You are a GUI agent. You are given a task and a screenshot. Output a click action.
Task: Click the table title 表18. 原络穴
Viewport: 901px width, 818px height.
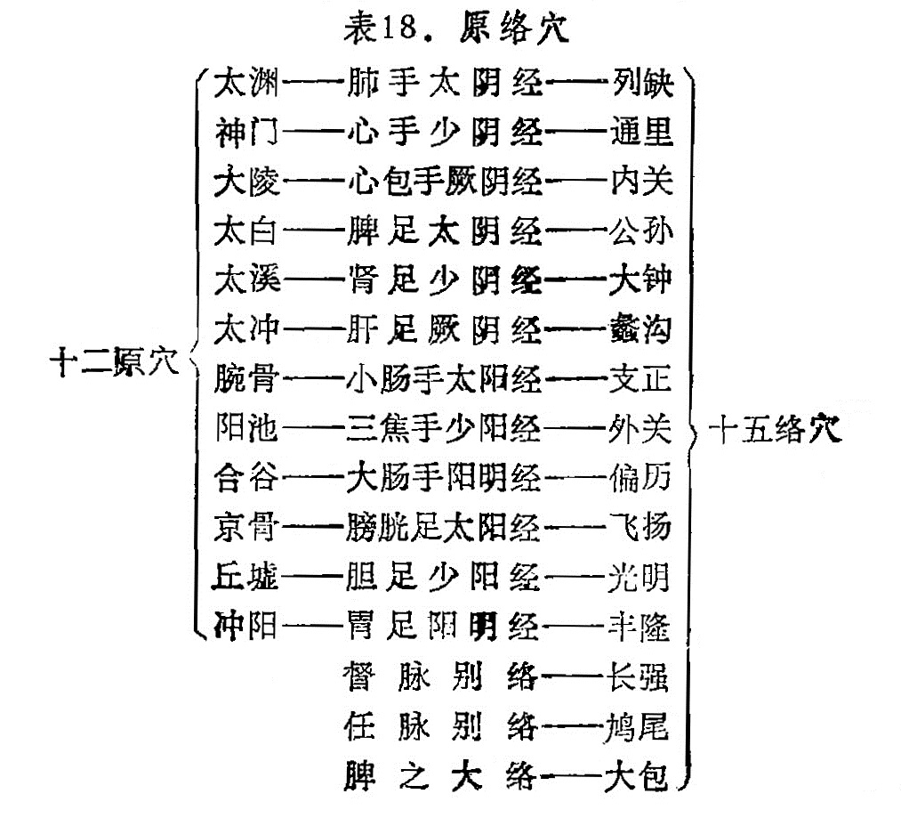coord(456,27)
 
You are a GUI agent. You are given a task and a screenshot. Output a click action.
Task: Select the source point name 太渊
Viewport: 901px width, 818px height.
coord(246,83)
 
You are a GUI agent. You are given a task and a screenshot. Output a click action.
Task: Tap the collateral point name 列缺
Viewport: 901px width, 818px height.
coord(643,83)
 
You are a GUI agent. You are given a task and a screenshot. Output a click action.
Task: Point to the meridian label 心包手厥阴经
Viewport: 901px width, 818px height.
coord(446,182)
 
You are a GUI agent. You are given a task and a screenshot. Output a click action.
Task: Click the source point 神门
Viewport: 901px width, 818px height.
coord(246,133)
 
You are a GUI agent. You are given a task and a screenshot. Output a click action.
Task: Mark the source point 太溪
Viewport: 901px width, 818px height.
coord(246,280)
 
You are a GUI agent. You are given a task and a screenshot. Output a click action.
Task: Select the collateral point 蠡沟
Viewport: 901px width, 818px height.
coord(640,330)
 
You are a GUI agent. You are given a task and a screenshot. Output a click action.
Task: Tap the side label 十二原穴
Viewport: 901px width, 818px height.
coord(115,362)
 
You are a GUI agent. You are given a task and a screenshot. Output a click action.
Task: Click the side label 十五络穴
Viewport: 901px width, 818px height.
coord(776,429)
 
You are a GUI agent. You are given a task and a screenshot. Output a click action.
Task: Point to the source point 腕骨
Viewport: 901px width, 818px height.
coord(246,380)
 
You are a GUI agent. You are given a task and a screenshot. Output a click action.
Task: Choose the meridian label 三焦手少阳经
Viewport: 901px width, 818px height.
coord(444,429)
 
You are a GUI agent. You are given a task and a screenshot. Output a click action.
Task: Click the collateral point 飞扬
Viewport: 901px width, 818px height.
coord(640,528)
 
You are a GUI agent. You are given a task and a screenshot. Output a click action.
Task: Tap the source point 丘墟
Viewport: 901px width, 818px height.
coord(245,577)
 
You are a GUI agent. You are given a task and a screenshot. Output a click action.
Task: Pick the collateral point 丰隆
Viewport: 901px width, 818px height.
coord(639,627)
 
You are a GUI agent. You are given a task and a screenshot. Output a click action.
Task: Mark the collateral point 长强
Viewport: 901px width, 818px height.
coord(638,676)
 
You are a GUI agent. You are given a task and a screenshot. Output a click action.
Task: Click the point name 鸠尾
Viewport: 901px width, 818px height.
coord(637,726)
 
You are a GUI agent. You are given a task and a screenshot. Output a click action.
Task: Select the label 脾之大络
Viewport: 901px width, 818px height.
coord(441,775)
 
